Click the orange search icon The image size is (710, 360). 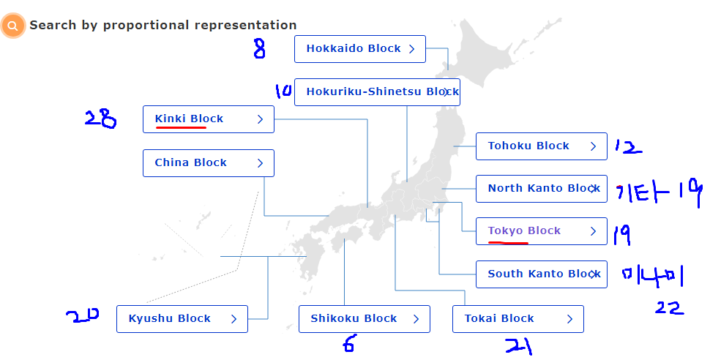pyautogui.click(x=12, y=26)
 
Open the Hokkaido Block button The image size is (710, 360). pyautogui.click(x=360, y=49)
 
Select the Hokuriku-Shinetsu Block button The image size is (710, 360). pyautogui.click(x=377, y=92)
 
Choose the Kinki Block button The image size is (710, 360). pyautogui.click(x=209, y=119)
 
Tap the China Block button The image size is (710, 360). pyautogui.click(x=209, y=163)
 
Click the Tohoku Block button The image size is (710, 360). pyautogui.click(x=541, y=146)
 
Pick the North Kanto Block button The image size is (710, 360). pyautogui.click(x=541, y=189)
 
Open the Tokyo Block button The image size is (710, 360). pyautogui.click(x=541, y=231)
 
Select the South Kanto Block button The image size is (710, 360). pyautogui.click(x=541, y=274)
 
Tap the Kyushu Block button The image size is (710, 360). pyautogui.click(x=182, y=319)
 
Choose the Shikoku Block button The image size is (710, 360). pyautogui.click(x=364, y=319)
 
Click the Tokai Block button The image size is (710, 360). pyautogui.click(x=517, y=319)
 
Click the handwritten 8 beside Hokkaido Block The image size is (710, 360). pyautogui.click(x=259, y=50)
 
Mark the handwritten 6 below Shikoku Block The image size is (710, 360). pyautogui.click(x=350, y=344)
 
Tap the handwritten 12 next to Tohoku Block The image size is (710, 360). pyautogui.click(x=627, y=147)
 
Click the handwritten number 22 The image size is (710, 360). pyautogui.click(x=669, y=307)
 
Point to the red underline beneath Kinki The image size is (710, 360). pyautogui.click(x=181, y=128)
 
